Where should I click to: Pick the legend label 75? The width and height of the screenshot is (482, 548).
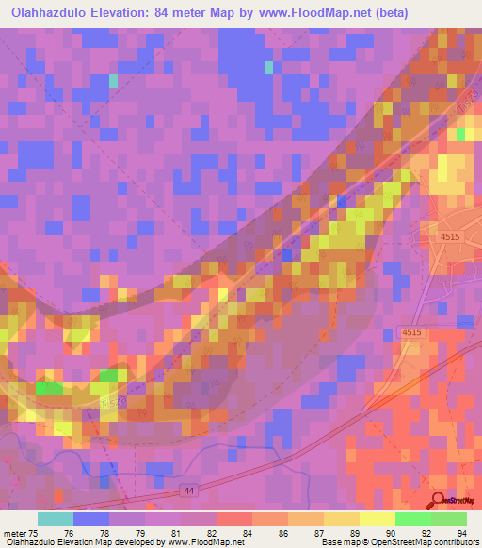(35, 532)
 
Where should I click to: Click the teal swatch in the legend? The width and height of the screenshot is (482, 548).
(56, 519)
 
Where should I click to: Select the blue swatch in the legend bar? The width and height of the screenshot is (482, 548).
(91, 519)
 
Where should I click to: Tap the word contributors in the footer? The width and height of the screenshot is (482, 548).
(456, 542)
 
